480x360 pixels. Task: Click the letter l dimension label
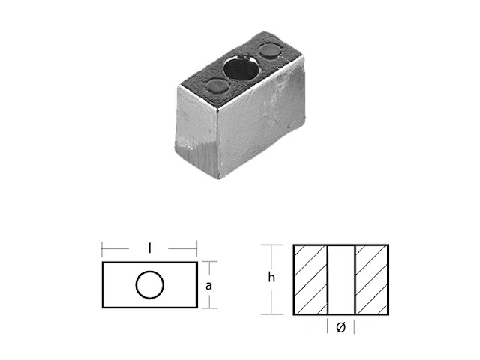pos(149,247)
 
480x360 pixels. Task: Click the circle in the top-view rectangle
pos(149,284)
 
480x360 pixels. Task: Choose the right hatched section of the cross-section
pos(371,279)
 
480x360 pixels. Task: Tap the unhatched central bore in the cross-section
pos(341,279)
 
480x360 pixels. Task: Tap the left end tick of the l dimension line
pos(101,247)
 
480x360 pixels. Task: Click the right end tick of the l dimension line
pos(196,247)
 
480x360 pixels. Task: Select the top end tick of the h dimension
pos(271,244)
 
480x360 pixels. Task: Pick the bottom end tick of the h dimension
pos(271,314)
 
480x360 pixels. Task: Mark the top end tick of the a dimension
pos(209,261)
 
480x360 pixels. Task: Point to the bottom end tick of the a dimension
pos(209,307)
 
